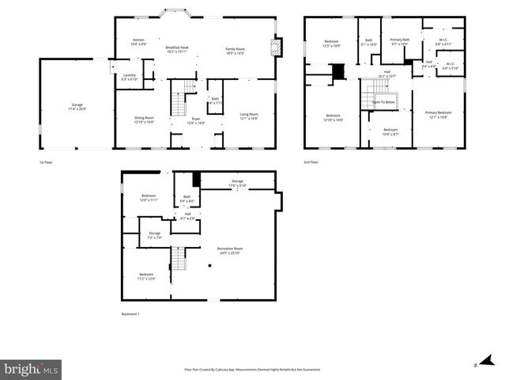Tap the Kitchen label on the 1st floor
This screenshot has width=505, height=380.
click(x=138, y=41)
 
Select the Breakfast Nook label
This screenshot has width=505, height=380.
click(x=177, y=49)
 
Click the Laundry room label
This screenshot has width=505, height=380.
click(x=130, y=78)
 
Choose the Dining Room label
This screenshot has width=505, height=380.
click(x=144, y=120)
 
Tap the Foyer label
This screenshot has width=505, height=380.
click(x=195, y=121)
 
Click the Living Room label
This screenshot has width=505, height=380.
click(x=249, y=116)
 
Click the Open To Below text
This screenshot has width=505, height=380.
click(x=383, y=102)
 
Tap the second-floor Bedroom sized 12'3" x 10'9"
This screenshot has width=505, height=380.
click(x=330, y=43)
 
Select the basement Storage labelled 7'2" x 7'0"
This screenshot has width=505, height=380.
click(x=154, y=235)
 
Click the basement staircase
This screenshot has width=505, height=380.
click(x=179, y=258)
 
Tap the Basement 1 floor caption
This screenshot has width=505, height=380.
click(x=130, y=314)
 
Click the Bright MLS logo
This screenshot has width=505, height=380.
click(x=32, y=369)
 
